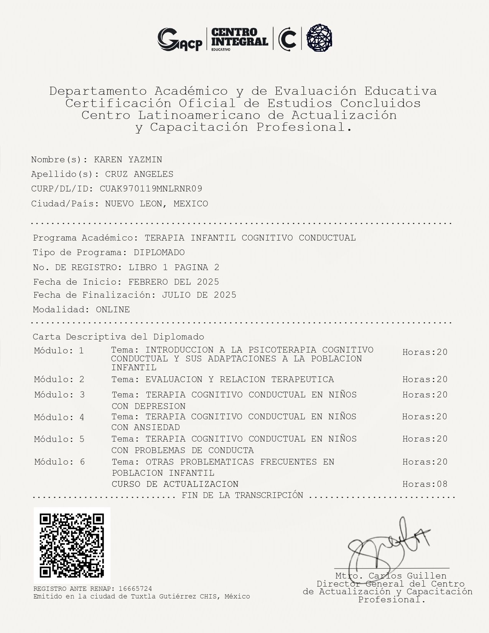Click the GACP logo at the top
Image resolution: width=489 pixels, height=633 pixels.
pyautogui.click(x=179, y=39)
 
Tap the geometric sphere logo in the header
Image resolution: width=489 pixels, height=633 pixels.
pyautogui.click(x=319, y=38)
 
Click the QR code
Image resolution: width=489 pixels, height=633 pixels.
pyautogui.click(x=72, y=545)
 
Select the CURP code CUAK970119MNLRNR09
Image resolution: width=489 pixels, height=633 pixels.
pyautogui.click(x=151, y=189)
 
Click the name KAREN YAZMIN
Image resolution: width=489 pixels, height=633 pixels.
pyautogui.click(x=128, y=160)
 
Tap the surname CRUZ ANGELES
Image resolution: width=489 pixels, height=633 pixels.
pyautogui.click(x=139, y=174)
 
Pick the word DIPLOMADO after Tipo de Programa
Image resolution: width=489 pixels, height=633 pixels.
pyautogui.click(x=159, y=252)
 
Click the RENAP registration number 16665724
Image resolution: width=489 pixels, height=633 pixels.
pyautogui.click(x=135, y=589)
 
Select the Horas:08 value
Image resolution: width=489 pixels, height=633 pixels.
pyautogui.click(x=425, y=484)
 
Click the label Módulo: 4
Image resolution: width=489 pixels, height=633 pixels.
pyautogui.click(x=59, y=417)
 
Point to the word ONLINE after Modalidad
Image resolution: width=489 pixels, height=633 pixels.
pyautogui.click(x=113, y=310)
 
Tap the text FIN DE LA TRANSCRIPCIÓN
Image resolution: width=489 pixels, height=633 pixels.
pyautogui.click(x=242, y=495)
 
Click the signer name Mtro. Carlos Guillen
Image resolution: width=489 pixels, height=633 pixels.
pyautogui.click(x=391, y=576)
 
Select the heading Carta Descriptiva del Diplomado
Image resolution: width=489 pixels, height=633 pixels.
pyautogui.click(x=119, y=337)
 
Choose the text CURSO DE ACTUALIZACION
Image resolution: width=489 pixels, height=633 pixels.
pyautogui.click(x=175, y=484)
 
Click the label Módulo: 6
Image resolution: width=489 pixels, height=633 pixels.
pyautogui.click(x=59, y=462)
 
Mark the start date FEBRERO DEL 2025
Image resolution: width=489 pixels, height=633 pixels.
pyautogui.click(x=174, y=282)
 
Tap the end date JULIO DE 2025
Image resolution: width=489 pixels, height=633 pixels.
pyautogui.click(x=199, y=295)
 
